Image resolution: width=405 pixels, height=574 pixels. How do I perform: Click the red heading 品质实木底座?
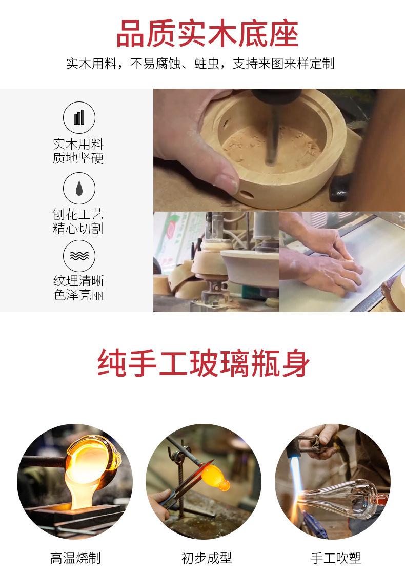point(207,34)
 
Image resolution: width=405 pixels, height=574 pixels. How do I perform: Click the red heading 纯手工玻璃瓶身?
point(204,363)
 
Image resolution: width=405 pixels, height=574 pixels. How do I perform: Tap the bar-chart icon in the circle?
point(79,117)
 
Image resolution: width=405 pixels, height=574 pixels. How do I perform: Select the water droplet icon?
point(79,188)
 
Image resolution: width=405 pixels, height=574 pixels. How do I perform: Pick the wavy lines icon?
point(79,256)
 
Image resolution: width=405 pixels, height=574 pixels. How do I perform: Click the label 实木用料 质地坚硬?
point(78,151)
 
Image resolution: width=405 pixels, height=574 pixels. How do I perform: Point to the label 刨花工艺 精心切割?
point(78,221)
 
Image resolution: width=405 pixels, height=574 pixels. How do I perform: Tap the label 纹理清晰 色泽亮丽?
point(78,288)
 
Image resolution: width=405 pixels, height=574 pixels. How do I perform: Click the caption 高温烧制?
point(75,558)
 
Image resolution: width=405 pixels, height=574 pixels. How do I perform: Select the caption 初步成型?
point(207,558)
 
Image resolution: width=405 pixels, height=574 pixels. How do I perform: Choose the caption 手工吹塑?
point(336,558)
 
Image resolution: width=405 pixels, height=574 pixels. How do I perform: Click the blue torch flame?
point(297,476)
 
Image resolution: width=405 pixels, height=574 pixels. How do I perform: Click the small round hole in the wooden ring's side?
point(247,194)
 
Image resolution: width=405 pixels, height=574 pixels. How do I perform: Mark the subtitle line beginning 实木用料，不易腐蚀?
point(200,64)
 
